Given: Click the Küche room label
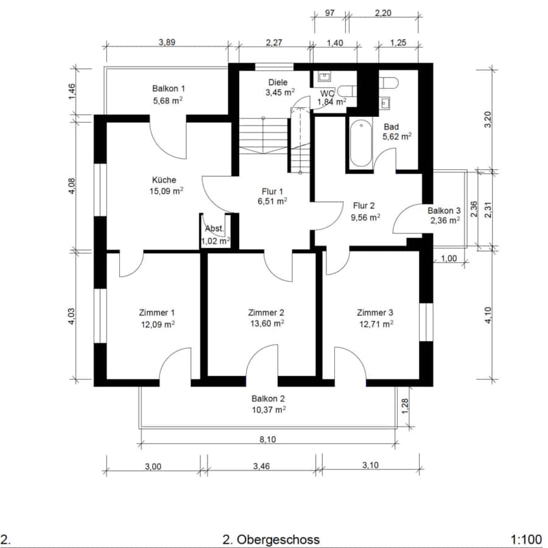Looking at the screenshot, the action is click(x=164, y=180).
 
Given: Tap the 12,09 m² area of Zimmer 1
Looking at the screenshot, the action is click(x=158, y=325).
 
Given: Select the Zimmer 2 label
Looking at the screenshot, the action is click(x=266, y=312).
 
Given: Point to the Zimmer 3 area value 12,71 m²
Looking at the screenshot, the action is click(x=376, y=324).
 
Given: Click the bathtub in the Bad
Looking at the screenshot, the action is click(x=361, y=144).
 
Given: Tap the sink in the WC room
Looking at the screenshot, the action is click(x=325, y=76).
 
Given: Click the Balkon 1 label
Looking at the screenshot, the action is click(x=169, y=88).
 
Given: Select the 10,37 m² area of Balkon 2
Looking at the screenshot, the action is click(x=269, y=410).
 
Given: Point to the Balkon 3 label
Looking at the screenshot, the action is click(x=444, y=211).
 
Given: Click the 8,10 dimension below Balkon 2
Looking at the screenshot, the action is click(x=268, y=439).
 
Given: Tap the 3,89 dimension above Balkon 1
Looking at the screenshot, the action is click(x=167, y=42).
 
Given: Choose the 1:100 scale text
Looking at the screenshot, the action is click(x=526, y=539).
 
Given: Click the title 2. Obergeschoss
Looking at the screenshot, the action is click(x=271, y=539).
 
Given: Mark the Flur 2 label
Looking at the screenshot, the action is click(x=364, y=206).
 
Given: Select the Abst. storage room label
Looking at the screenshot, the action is click(x=214, y=228).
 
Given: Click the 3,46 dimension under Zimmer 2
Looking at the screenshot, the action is click(x=261, y=466).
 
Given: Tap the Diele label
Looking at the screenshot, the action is click(x=278, y=82).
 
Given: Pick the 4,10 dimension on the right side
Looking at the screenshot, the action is click(x=488, y=315).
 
